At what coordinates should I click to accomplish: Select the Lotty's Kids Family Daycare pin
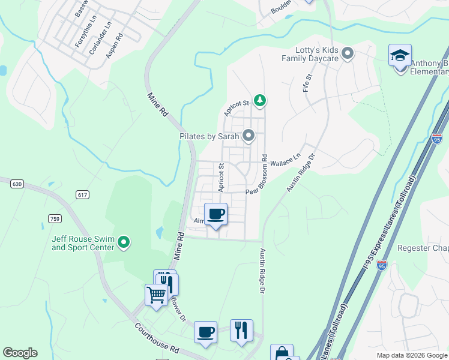coord(347,55)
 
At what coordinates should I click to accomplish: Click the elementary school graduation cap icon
coord(400,57)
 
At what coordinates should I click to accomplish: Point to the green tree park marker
coord(259,100)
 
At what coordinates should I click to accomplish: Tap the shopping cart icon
coord(156,295)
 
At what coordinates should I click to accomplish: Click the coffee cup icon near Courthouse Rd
coord(205,332)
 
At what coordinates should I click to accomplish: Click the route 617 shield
coord(83,194)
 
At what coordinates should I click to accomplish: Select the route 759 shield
coord(54,218)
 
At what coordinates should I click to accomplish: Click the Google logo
coord(20,353)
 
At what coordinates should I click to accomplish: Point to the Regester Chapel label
coord(423,248)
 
